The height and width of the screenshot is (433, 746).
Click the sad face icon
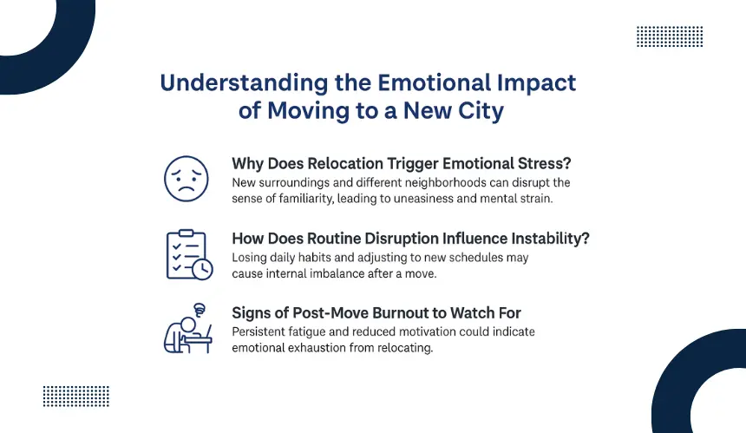[x=186, y=179]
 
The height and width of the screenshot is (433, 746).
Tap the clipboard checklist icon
[x=189, y=254]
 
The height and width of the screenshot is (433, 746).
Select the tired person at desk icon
[x=188, y=328]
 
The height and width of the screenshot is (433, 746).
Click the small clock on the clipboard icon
[x=203, y=269]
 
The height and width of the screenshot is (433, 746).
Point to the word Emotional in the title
[x=434, y=82]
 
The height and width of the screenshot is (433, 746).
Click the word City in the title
[x=481, y=110]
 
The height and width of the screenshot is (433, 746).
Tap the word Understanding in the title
[x=244, y=83]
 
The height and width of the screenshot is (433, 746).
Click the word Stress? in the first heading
[x=544, y=163]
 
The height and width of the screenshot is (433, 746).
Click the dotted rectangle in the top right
[x=670, y=36]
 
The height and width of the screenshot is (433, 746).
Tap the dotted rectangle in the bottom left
[x=76, y=397]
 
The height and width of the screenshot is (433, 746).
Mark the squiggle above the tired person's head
[x=200, y=310]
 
